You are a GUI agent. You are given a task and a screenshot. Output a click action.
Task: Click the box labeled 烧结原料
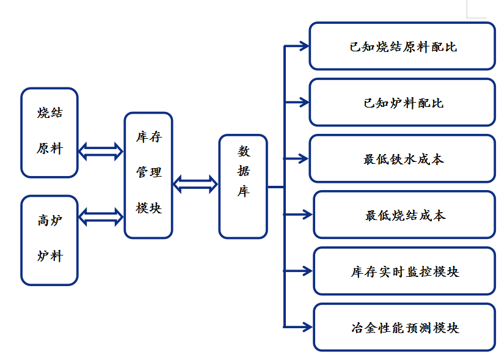[49, 132]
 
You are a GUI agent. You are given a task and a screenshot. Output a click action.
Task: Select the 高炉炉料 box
[49, 240]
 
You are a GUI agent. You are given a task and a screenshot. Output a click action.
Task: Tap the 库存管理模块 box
[148, 175]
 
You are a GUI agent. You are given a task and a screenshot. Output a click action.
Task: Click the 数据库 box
[243, 186]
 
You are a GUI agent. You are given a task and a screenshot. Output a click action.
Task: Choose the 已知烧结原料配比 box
[402, 46]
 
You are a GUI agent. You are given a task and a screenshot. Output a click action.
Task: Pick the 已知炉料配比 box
[402, 103]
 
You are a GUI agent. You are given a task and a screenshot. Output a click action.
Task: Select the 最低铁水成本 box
[402, 159]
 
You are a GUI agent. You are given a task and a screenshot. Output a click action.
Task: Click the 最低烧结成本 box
[404, 215]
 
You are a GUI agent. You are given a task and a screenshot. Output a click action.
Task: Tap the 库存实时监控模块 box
[404, 271]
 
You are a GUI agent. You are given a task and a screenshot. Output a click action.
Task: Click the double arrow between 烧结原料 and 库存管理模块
[101, 150]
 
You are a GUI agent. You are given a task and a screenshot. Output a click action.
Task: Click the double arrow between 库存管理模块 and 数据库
[195, 183]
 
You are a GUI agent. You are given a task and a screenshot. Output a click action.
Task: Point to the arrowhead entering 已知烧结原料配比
[304, 46]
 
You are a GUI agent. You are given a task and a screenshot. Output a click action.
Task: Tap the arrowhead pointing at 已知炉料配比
[304, 102]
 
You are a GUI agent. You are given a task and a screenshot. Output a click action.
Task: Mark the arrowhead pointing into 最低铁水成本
[304, 158]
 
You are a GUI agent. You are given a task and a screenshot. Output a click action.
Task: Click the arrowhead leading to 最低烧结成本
[307, 214]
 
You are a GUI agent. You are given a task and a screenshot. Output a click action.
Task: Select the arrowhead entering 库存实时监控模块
[307, 270]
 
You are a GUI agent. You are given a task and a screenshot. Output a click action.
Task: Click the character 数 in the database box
[243, 150]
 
